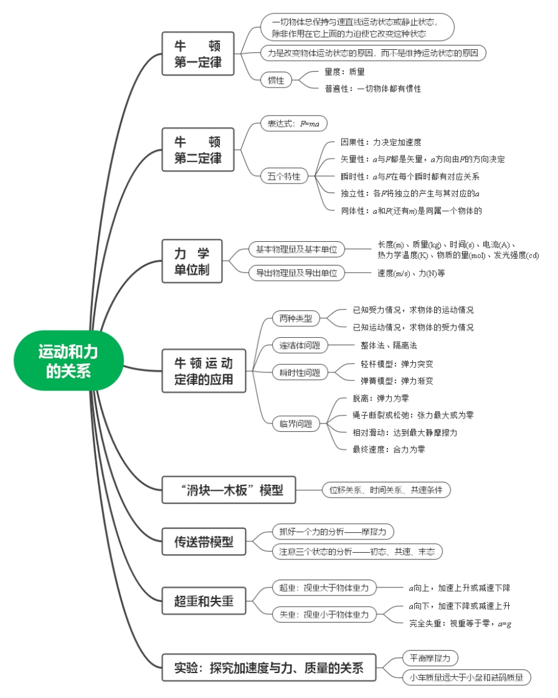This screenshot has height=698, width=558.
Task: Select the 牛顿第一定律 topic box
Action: [x=198, y=53]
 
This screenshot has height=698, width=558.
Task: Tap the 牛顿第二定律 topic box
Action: [x=198, y=149]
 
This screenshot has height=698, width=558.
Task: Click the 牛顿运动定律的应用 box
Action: [x=203, y=371]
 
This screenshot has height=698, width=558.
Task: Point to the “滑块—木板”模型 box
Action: [x=229, y=490]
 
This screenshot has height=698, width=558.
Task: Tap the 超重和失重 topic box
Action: [x=203, y=601]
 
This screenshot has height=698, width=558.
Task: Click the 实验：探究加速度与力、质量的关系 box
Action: [x=269, y=668]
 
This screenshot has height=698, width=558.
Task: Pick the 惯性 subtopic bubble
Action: [x=276, y=80]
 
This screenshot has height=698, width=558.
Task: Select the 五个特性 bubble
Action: [x=284, y=177]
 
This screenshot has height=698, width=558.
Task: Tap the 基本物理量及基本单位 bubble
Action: [x=296, y=249]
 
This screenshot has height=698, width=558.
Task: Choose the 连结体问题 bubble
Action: [x=299, y=346]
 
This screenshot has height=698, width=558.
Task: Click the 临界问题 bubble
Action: [x=296, y=423]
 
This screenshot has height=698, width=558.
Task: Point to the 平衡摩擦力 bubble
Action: [x=430, y=658]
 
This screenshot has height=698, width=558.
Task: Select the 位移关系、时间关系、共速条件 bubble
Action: [x=386, y=490]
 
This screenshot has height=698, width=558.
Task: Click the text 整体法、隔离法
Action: [x=389, y=346]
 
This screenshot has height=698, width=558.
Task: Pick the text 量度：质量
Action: [x=344, y=72]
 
